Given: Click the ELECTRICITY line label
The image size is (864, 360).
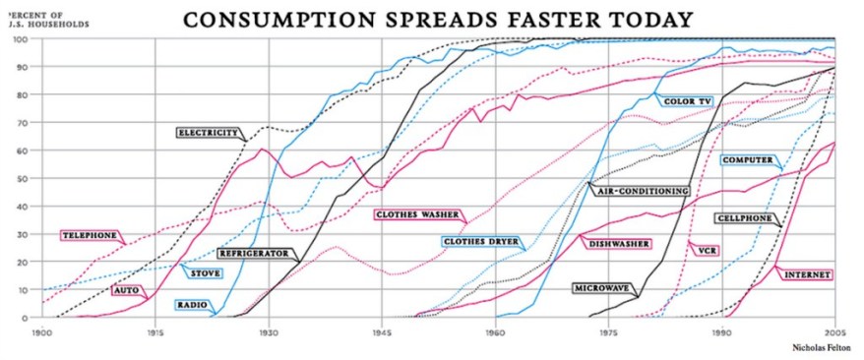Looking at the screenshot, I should (x=209, y=132).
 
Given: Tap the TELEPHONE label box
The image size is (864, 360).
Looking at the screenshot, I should (x=89, y=236).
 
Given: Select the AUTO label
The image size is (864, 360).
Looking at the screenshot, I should (x=126, y=291).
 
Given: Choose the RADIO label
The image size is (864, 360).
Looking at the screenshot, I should (x=191, y=305).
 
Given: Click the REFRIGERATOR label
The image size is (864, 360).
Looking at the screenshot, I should (x=255, y=253).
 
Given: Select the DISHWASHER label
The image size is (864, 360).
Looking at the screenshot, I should (x=617, y=243).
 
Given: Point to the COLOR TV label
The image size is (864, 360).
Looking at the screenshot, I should (x=688, y=100).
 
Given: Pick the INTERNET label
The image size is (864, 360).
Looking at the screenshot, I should (x=808, y=274).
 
